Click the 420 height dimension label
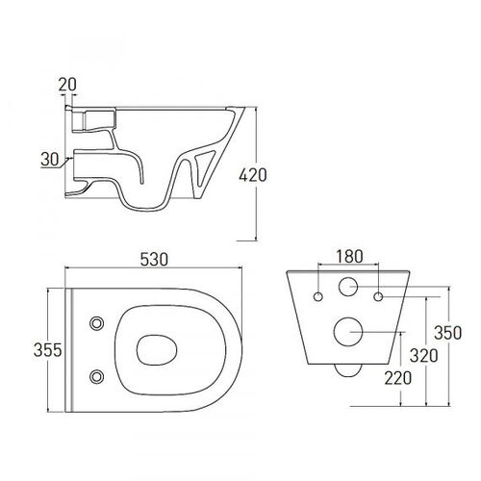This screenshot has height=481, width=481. [253, 175]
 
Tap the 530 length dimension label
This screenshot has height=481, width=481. [154, 260]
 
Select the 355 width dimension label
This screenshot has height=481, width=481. [47, 350]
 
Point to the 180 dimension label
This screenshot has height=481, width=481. [349, 256]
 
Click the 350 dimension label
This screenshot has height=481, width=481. [448, 333]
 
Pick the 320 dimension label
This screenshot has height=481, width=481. [424, 356]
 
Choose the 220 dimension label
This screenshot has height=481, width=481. [398, 378]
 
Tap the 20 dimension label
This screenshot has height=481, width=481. [67, 85]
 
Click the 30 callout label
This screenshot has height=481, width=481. [50, 159]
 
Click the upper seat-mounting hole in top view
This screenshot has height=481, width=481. [96, 323]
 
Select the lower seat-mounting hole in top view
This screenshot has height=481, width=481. [96, 376]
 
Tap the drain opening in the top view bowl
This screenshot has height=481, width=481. [157, 350]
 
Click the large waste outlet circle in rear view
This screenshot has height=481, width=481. [348, 332]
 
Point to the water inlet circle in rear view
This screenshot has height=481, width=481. [348, 287]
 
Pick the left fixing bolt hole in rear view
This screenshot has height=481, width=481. [318, 297]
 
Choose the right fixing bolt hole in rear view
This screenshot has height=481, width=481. [378, 297]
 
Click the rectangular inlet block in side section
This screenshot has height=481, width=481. [93, 119]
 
